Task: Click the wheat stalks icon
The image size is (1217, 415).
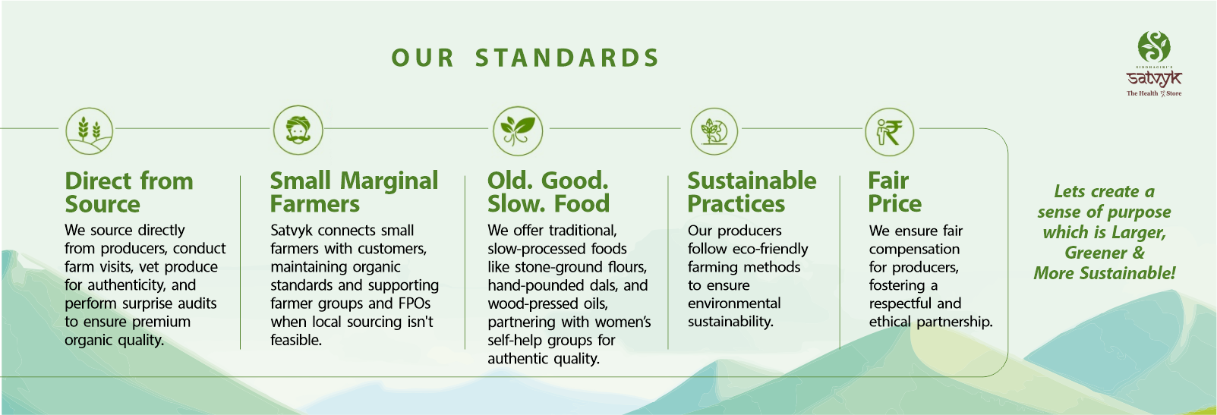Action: pyautogui.click(x=90, y=131)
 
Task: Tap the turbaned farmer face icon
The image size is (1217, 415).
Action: pyautogui.click(x=298, y=130)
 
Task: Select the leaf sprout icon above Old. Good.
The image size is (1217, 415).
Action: pyautogui.click(x=518, y=131)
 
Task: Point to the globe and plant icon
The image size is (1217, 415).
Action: pyautogui.click(x=714, y=131)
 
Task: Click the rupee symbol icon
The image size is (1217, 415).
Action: pyautogui.click(x=889, y=132)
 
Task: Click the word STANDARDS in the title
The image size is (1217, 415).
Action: pyautogui.click(x=567, y=58)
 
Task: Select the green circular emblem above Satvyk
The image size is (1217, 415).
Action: pyautogui.click(x=1154, y=47)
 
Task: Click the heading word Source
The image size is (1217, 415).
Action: pyautogui.click(x=102, y=204)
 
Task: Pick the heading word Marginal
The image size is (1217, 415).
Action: pyautogui.click(x=389, y=181)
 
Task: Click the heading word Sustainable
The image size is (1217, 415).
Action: pyautogui.click(x=752, y=181)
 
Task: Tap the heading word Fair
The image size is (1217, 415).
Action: pyautogui.click(x=888, y=181)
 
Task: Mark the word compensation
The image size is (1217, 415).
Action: pyautogui.click(x=914, y=250)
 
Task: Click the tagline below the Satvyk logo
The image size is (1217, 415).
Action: pyautogui.click(x=1154, y=93)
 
